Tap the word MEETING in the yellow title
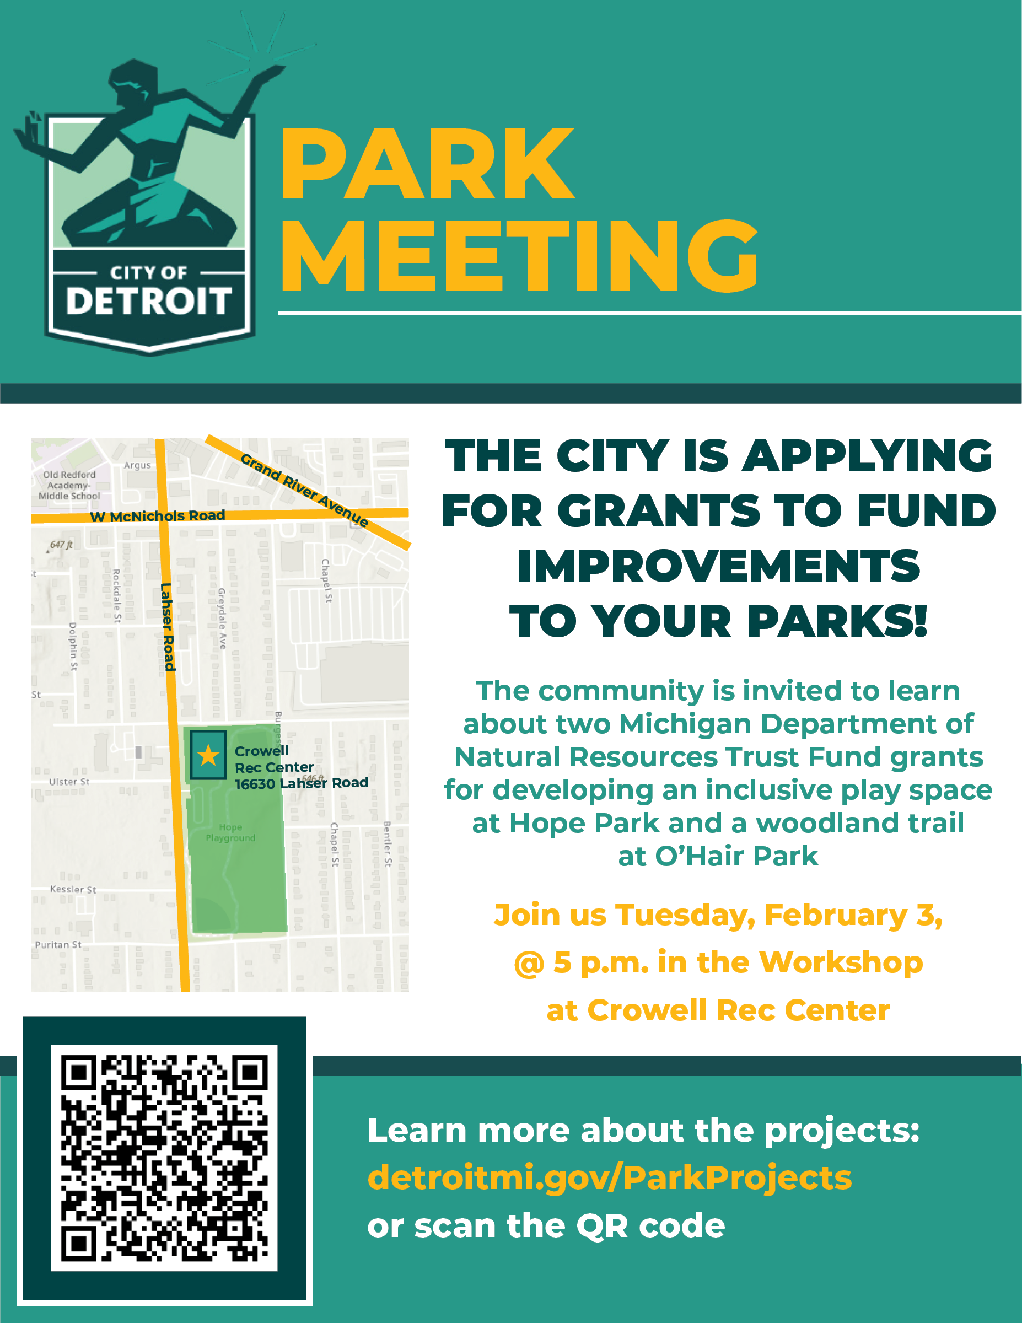pyautogui.click(x=519, y=256)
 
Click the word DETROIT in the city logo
pyautogui.click(x=148, y=301)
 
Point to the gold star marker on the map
pyautogui.click(x=208, y=755)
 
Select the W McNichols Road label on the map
pyautogui.click(x=158, y=516)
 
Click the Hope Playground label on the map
pyautogui.click(x=230, y=832)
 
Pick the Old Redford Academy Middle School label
pyautogui.click(x=69, y=485)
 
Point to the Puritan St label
pyautogui.click(x=57, y=944)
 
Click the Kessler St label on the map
pyautogui.click(x=73, y=889)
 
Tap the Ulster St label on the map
pyautogui.click(x=69, y=782)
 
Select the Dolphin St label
pyautogui.click(x=73, y=647)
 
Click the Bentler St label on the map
pyautogui.click(x=388, y=844)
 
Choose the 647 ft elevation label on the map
pyautogui.click(x=61, y=545)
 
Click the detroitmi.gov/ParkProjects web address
pyautogui.click(x=610, y=1177)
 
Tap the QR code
pyautogui.click(x=164, y=1158)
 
